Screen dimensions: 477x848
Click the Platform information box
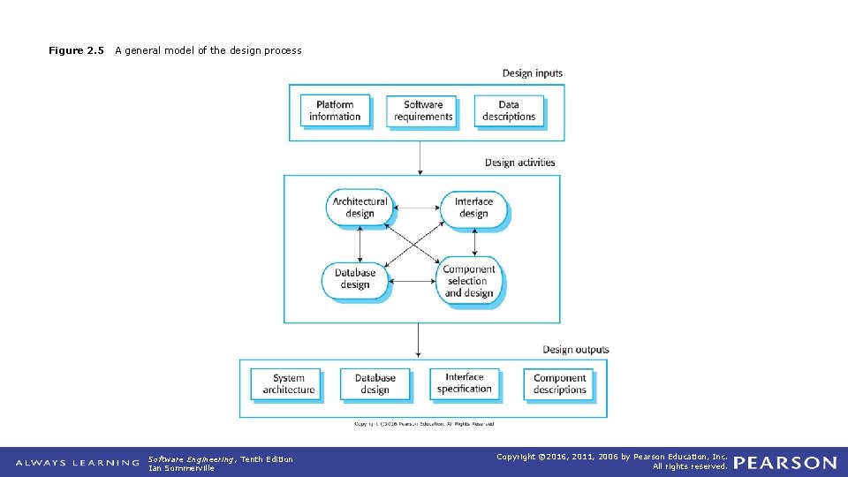coord(335,110)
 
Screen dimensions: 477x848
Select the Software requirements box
coord(422,110)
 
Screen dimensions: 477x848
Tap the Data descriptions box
coord(509,110)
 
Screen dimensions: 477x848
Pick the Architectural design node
coord(360,208)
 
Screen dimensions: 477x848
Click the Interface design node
coord(473,208)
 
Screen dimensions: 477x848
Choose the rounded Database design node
coord(354,279)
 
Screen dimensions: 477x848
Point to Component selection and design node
coord(469,282)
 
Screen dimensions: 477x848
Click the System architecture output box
coord(289,383)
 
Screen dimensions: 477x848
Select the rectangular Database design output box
coord(375,383)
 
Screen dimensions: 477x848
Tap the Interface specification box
coord(465,382)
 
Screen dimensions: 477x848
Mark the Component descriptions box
coord(560,383)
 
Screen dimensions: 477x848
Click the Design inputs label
coord(533,73)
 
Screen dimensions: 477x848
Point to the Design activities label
coord(520,163)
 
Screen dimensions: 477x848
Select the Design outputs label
coord(576,350)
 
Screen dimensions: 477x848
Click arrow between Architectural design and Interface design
coord(417,208)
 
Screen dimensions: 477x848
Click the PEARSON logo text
coord(784,462)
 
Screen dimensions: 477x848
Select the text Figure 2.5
coord(77,50)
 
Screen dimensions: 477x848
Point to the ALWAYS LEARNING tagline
coord(77,462)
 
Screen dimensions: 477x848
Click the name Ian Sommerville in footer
coord(181,468)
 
